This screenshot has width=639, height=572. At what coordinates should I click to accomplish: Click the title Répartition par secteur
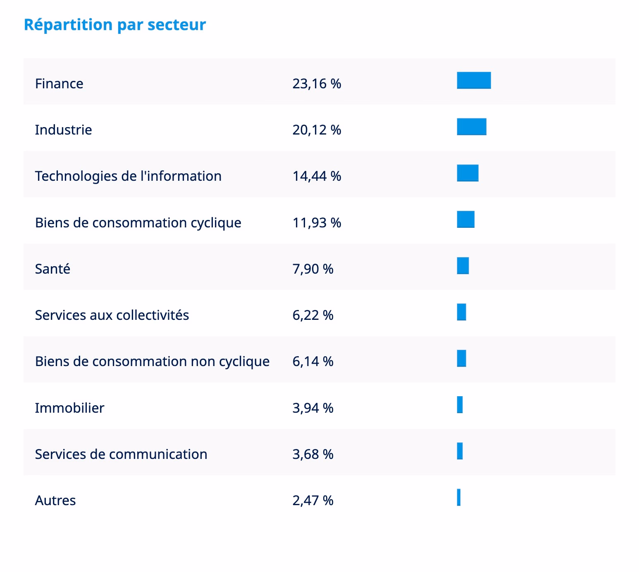[x=115, y=25]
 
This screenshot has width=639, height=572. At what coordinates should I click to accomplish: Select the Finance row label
[x=59, y=84]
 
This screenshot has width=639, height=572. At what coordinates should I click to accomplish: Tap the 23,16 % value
[x=317, y=84]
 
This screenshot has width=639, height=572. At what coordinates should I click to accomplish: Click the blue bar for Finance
[x=474, y=80]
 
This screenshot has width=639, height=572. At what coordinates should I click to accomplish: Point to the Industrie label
[x=63, y=130]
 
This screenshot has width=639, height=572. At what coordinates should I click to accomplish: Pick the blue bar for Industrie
[x=472, y=127]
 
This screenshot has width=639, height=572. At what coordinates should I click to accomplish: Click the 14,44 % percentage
[x=317, y=176]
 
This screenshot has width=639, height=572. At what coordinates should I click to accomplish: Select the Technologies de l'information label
[x=128, y=176]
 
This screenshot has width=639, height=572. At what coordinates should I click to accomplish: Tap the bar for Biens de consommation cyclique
[x=466, y=220]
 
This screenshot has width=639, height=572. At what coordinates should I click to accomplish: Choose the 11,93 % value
[x=317, y=223]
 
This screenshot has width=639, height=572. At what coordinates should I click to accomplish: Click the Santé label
[x=52, y=269]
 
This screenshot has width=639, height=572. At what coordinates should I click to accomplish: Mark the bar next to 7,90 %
[x=463, y=266]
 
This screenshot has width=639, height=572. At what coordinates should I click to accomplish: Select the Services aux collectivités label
[x=112, y=315]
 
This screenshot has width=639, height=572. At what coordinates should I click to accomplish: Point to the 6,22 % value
[x=313, y=315]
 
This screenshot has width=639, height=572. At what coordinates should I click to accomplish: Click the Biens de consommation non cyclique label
[x=152, y=362]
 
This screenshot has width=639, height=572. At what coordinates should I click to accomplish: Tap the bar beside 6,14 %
[x=462, y=358]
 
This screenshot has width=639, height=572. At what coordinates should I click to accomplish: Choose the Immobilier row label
[x=69, y=408]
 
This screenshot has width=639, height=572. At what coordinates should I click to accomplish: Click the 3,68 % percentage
[x=313, y=454]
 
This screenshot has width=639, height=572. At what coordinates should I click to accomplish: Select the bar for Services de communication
[x=460, y=451]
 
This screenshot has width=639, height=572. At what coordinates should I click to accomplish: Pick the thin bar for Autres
[x=459, y=497]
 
